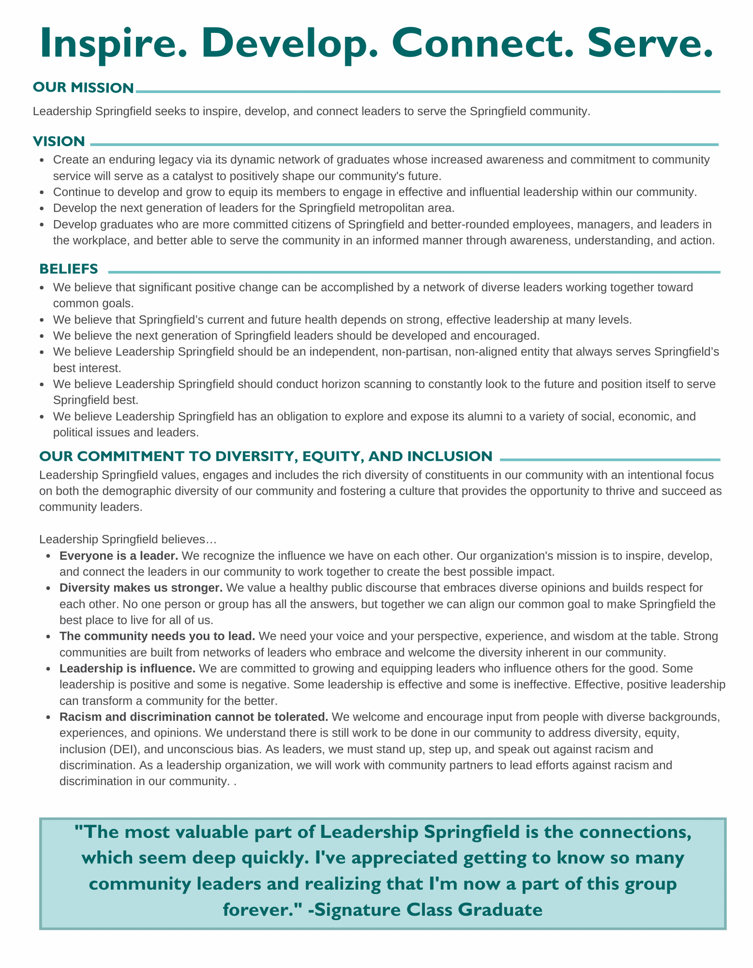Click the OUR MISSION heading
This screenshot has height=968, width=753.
[83, 88]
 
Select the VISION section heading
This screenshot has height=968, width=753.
[59, 141]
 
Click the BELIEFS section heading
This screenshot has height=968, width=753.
[69, 268]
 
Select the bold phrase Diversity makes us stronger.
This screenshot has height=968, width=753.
[141, 588]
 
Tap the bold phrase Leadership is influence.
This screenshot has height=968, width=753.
[127, 668]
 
